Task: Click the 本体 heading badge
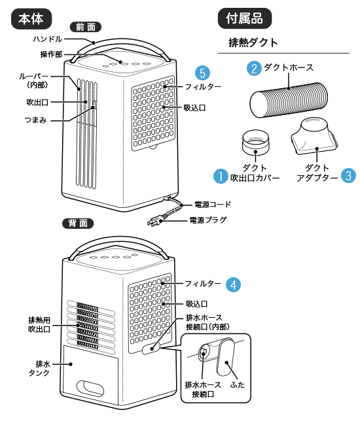[31, 19]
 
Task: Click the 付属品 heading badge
[245, 18]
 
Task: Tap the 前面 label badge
[86, 27]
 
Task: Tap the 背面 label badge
[78, 224]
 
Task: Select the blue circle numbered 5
[202, 73]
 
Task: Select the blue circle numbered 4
[233, 284]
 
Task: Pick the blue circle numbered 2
[254, 68]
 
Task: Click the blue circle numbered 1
[221, 176]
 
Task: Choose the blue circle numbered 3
[348, 176]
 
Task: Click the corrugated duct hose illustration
[289, 100]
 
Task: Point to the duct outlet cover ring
[255, 142]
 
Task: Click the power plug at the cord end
[155, 221]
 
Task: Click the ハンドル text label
[48, 39]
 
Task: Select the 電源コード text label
[213, 205]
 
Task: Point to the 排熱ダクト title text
[253, 42]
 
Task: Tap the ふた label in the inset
[238, 384]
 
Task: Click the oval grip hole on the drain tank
[90, 388]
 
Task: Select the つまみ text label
[35, 120]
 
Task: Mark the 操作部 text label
[51, 54]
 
